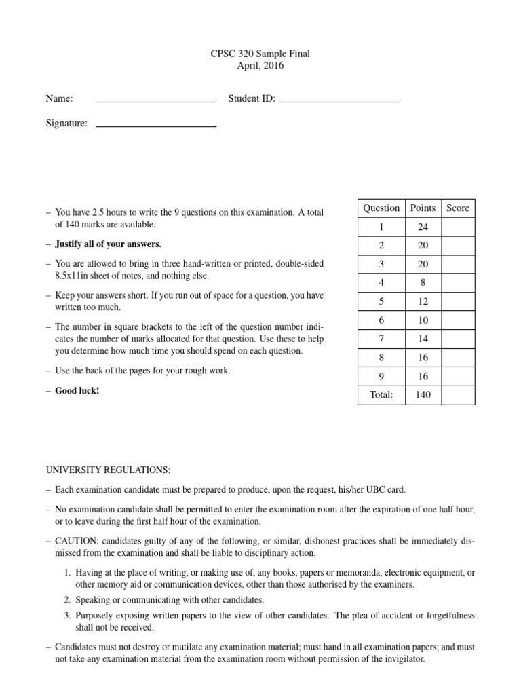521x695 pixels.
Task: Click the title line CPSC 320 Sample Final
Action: (260, 53)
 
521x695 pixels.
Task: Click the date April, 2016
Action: (260, 66)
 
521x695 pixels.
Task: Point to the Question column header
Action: (381, 208)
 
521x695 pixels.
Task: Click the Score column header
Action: (457, 208)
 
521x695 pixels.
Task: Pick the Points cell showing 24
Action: (423, 227)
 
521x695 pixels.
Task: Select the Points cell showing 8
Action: (423, 283)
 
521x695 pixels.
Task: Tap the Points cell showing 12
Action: (423, 301)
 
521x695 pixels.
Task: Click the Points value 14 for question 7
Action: (423, 339)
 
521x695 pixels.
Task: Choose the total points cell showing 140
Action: (423, 395)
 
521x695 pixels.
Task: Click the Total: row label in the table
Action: (381, 395)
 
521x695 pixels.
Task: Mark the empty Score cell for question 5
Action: (457, 301)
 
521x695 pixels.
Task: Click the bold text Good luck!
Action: (77, 391)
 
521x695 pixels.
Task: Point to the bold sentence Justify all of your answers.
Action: (108, 244)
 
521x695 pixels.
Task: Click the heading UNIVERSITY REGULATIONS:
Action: (109, 470)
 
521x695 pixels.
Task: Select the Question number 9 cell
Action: (381, 376)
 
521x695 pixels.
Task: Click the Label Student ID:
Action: (252, 99)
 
